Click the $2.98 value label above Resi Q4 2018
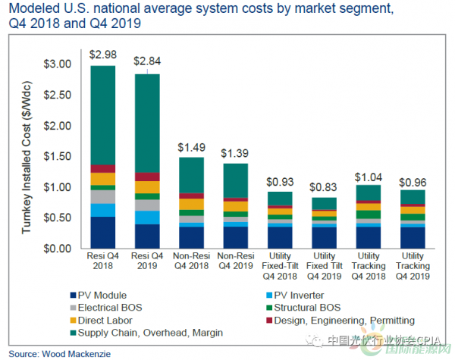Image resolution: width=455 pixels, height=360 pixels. (x=102, y=55)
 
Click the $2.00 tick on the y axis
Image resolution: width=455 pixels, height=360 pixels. (x=63, y=125)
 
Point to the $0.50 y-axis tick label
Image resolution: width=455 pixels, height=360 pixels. (x=63, y=218)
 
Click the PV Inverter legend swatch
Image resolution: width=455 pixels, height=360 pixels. (x=256, y=295)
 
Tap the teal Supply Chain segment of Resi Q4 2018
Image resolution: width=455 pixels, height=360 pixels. (x=102, y=114)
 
